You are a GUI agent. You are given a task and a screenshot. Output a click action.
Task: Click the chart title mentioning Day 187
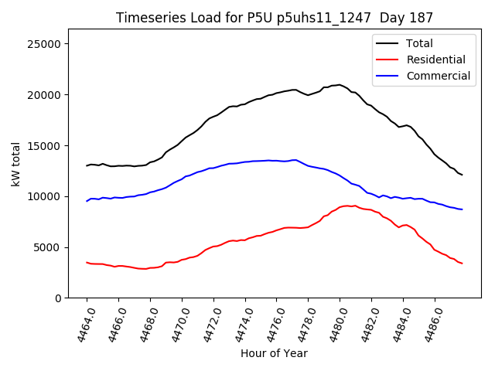click(275, 17)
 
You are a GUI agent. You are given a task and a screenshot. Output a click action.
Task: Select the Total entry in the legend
click(419, 43)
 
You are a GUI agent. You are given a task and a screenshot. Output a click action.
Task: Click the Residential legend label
click(436, 60)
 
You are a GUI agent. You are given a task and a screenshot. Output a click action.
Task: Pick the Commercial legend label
click(438, 76)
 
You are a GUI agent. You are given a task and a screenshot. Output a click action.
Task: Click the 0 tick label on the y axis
click(58, 298)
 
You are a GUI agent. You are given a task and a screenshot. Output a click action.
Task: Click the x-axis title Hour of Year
click(274, 353)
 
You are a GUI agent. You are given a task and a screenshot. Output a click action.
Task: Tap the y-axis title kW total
click(16, 163)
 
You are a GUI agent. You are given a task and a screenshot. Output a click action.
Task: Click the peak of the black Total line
click(340, 84)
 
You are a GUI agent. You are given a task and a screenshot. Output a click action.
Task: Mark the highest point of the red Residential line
click(346, 206)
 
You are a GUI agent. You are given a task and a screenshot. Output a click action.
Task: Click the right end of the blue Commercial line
click(463, 209)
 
